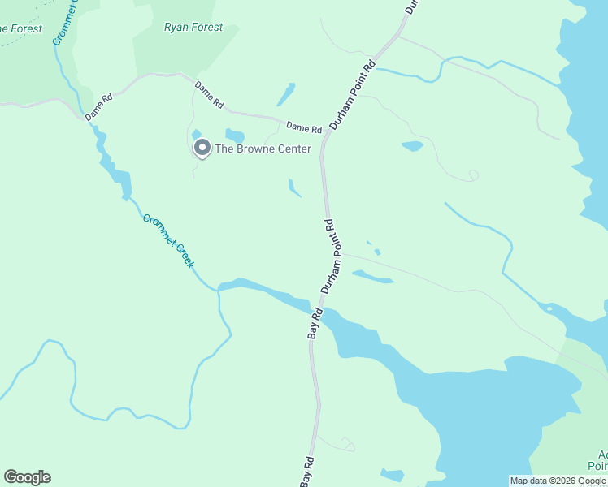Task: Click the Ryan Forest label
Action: coord(193,27)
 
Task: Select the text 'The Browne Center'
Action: coord(263,149)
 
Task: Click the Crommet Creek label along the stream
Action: coord(168,241)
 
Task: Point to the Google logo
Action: coord(27,477)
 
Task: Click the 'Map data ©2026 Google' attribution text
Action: coord(558,481)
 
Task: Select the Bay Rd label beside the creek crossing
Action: coord(315,322)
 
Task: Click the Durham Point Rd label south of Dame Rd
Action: coord(330,256)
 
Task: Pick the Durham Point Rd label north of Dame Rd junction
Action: coord(352,94)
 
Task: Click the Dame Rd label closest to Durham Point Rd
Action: coord(304,128)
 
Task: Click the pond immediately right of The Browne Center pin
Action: coord(235,136)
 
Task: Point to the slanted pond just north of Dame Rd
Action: coord(285,95)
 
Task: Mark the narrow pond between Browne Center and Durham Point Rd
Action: coord(294,188)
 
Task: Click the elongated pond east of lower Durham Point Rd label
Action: coord(372,277)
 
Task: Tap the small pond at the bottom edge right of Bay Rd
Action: coord(392,475)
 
